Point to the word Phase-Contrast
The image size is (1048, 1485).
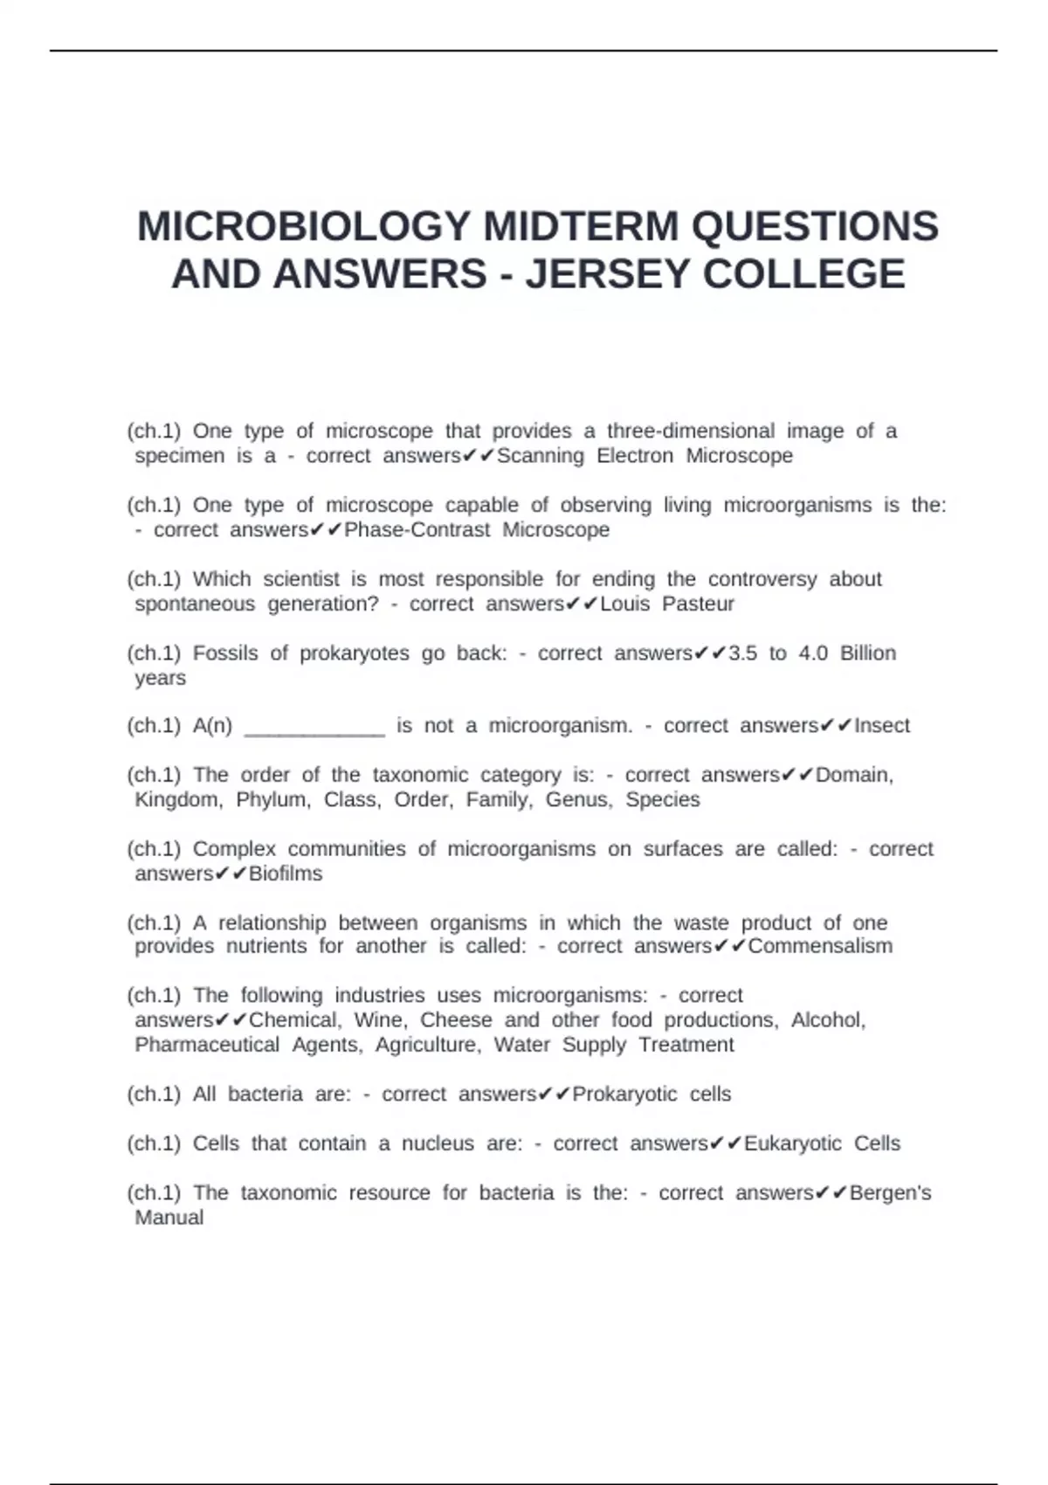[x=417, y=529]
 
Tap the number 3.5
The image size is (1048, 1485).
[x=742, y=653]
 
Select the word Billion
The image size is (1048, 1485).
[x=868, y=653]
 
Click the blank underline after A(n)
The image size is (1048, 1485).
[x=314, y=728]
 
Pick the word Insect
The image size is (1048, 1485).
[x=882, y=725]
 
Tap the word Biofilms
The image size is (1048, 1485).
[x=286, y=874]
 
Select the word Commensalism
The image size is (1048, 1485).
[x=820, y=946]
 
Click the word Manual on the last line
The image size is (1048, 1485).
[x=169, y=1218]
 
